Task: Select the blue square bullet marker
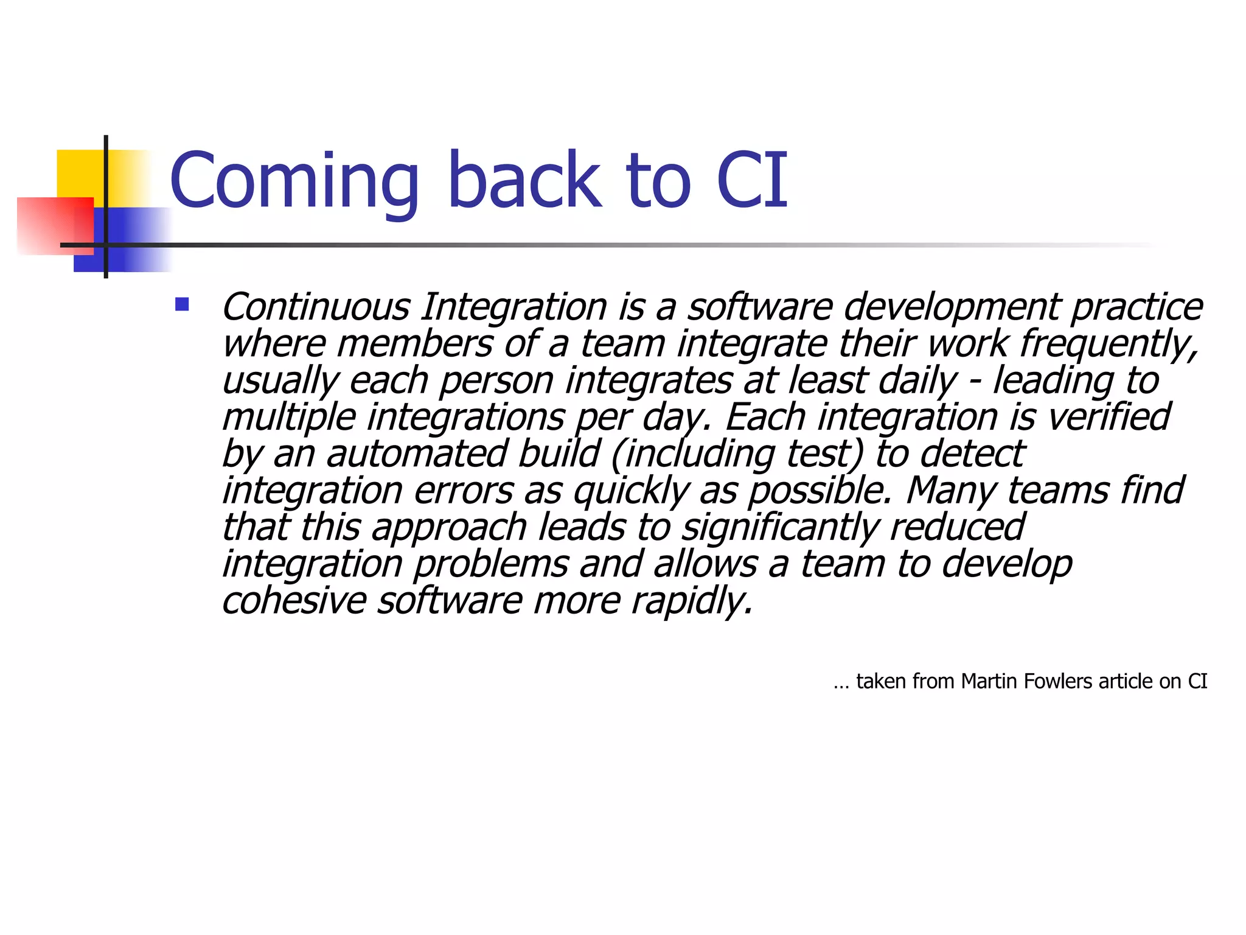[x=182, y=304]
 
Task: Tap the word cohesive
[x=294, y=601]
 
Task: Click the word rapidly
[x=691, y=601]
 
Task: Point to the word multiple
[x=289, y=418]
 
